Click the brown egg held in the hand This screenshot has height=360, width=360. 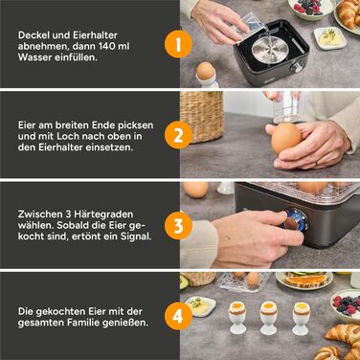(287, 139)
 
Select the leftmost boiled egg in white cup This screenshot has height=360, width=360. (235, 308)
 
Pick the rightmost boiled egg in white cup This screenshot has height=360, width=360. (300, 308)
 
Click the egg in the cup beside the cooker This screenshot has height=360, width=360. (205, 71)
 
